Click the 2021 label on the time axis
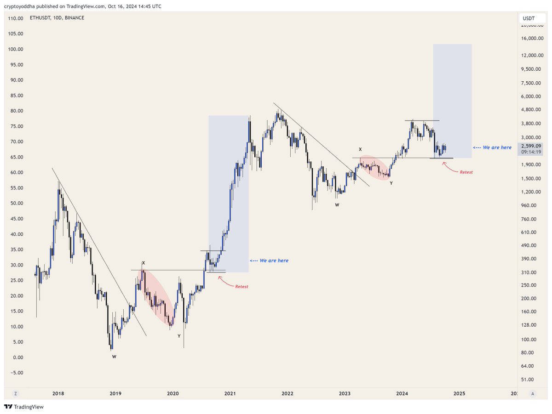(x=230, y=393)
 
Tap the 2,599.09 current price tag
(x=531, y=146)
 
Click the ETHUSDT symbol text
(x=40, y=18)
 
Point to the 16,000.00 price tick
(x=532, y=38)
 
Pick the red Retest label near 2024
(x=466, y=172)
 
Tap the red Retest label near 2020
(x=241, y=286)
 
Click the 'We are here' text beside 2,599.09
(x=497, y=147)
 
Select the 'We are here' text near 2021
(x=274, y=261)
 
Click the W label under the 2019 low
(x=114, y=357)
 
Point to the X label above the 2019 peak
(x=144, y=263)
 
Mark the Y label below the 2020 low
(x=179, y=336)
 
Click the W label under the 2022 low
(x=337, y=205)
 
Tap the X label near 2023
(x=360, y=149)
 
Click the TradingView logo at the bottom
(x=24, y=407)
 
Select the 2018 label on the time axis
(x=58, y=393)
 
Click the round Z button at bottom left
(x=16, y=394)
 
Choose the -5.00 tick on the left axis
(x=17, y=373)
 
